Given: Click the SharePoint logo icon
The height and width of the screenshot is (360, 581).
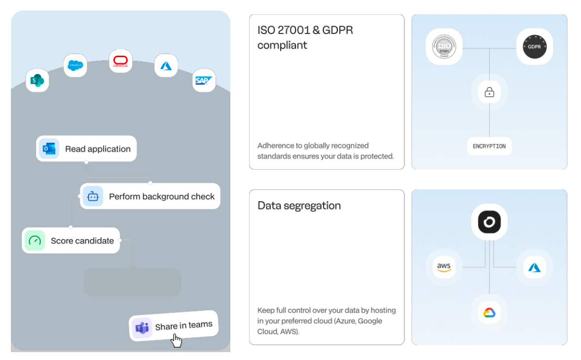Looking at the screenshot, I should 37,80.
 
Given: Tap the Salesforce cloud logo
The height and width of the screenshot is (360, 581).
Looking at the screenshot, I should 75,65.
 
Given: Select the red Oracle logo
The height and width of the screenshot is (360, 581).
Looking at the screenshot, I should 121,61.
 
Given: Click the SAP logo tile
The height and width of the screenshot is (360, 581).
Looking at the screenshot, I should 204,80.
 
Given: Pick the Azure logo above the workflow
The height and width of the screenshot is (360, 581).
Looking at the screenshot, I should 166,66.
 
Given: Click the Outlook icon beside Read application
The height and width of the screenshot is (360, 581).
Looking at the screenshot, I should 49,149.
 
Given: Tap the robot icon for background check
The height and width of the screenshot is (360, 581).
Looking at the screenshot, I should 93,196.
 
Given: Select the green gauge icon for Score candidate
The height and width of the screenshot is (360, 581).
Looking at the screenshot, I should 35,241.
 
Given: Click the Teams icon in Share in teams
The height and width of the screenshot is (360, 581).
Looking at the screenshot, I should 142,327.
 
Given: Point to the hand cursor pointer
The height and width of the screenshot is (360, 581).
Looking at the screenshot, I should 176,340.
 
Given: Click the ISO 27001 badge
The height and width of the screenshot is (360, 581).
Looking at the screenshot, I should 444,47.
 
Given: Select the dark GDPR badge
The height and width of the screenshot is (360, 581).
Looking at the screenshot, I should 535,47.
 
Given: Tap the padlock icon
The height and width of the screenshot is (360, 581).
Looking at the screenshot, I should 489,92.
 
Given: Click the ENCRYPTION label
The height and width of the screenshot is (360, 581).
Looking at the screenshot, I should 489,146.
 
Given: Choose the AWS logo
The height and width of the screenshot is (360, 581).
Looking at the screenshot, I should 444,267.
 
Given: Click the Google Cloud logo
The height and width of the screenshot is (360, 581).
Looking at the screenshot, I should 489,313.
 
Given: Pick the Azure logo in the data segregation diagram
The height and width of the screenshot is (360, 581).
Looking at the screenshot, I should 535,267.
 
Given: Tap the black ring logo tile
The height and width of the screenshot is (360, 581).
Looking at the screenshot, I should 489,222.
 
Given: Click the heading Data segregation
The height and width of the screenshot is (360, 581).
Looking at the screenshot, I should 299,206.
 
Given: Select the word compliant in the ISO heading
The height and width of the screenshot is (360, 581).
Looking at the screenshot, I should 282,45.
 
